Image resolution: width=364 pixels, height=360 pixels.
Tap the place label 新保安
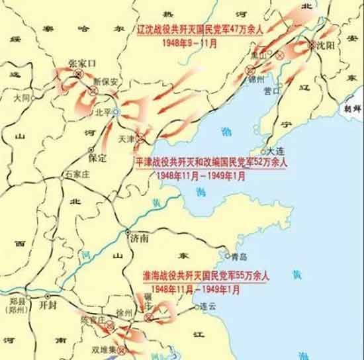tap(105, 82)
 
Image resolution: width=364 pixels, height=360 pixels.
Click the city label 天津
tap(126, 139)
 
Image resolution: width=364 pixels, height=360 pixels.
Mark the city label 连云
tap(208, 306)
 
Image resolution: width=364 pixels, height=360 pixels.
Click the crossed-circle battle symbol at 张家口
tap(78, 74)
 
